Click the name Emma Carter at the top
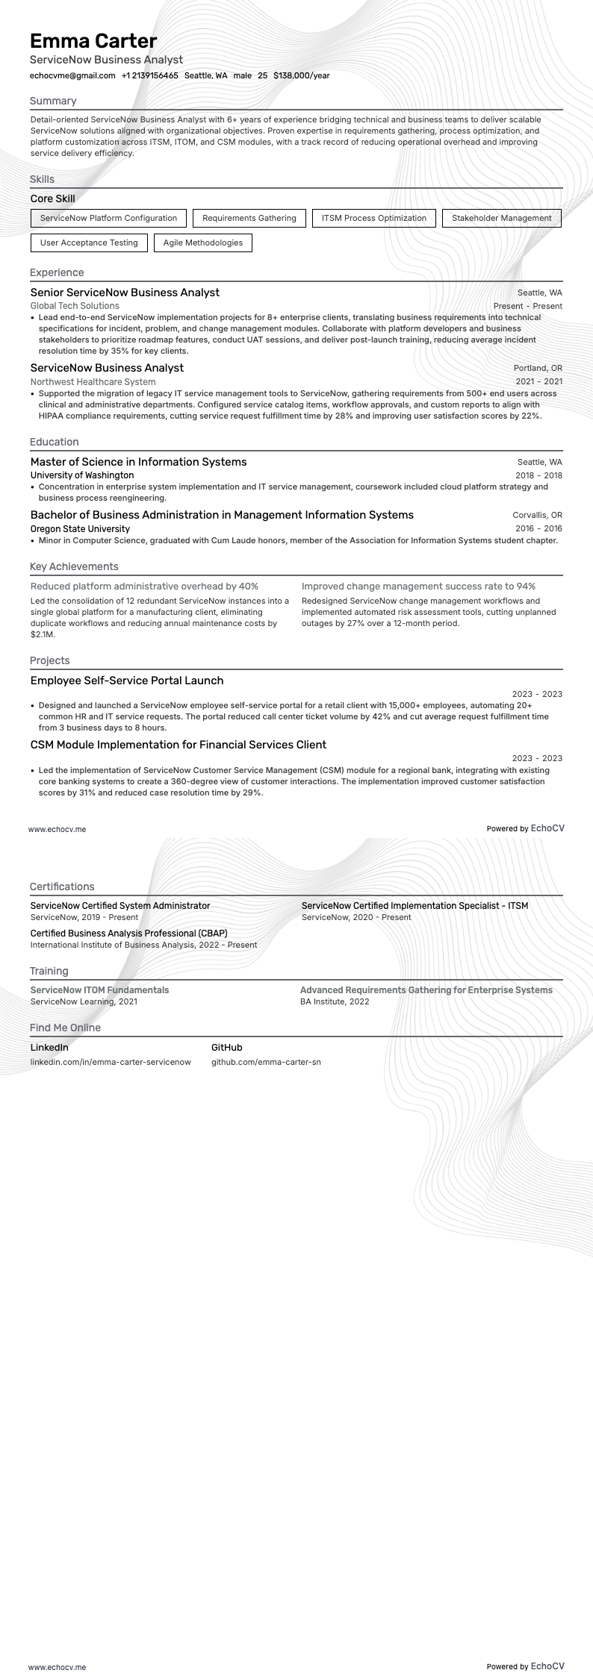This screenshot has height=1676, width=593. (93, 40)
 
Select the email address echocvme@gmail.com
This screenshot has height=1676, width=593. (72, 75)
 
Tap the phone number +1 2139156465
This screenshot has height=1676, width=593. (149, 75)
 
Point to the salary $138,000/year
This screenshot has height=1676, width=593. (301, 75)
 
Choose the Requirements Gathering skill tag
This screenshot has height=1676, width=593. (249, 218)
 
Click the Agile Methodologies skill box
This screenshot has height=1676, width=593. (202, 243)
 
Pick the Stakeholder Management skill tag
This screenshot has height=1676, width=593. (501, 218)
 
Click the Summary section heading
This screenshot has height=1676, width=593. (53, 101)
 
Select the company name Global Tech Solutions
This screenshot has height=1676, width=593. (75, 306)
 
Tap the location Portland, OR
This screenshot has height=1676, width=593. (538, 368)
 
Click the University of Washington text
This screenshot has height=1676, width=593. (82, 475)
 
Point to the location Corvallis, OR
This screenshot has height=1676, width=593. (537, 515)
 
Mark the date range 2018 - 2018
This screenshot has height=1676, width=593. (538, 475)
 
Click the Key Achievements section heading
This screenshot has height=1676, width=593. (74, 566)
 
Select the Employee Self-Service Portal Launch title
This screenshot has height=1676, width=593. (127, 681)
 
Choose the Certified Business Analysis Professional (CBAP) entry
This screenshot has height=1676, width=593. (128, 933)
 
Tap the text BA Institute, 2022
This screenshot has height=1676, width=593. (335, 1001)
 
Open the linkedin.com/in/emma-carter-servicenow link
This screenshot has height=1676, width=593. (111, 1062)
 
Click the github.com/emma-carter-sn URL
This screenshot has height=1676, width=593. (266, 1062)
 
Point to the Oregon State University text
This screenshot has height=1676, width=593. (80, 528)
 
